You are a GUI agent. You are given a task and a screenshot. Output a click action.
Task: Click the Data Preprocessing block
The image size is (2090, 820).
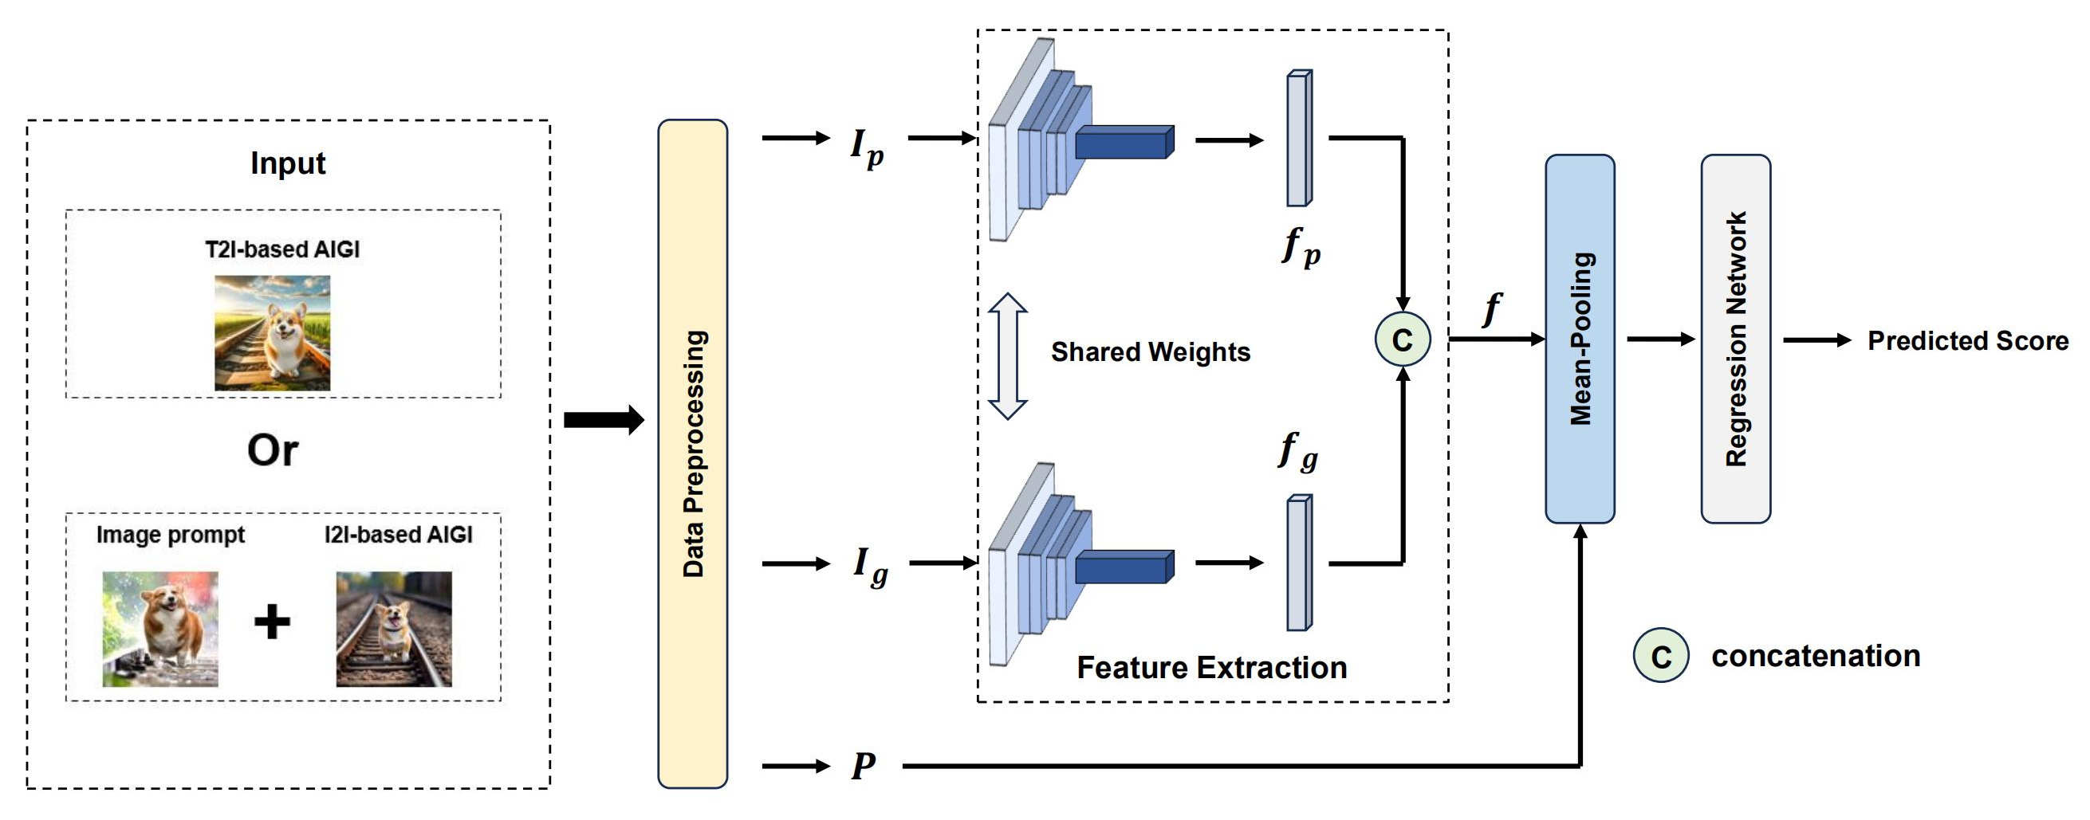(692, 453)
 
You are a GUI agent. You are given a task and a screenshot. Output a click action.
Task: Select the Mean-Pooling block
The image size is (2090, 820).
(1579, 338)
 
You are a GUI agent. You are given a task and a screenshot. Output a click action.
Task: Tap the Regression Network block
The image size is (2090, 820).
(1734, 338)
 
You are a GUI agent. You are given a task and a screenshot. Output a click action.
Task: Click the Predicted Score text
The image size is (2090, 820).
(1966, 340)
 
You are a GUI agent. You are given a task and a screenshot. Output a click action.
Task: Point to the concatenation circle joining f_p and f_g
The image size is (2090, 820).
(1402, 339)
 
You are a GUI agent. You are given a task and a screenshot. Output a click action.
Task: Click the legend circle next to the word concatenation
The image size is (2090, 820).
(1660, 655)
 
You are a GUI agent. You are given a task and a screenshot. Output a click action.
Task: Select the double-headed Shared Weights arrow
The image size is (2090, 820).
(1008, 356)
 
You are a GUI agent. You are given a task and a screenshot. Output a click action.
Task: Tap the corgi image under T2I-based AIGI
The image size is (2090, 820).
(272, 332)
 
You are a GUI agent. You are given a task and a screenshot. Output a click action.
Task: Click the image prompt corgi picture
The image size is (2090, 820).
(159, 629)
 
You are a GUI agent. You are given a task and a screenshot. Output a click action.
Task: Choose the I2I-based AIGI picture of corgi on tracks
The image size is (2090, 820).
(393, 629)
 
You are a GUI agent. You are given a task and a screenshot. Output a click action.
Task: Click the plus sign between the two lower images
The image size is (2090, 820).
(272, 622)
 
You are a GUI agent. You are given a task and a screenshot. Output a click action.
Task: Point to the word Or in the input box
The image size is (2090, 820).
(273, 450)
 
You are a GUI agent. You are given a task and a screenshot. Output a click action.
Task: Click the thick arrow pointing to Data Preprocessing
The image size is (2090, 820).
(603, 419)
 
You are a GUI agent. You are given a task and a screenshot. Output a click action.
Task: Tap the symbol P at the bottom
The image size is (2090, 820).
(864, 765)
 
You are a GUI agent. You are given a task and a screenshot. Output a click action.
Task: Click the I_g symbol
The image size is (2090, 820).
(870, 565)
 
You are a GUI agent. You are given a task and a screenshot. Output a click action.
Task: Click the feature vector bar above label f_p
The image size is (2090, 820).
(1299, 138)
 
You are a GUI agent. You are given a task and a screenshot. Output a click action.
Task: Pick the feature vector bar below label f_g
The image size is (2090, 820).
(1299, 562)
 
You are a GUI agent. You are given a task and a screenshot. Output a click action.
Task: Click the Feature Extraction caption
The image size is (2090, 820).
(1211, 668)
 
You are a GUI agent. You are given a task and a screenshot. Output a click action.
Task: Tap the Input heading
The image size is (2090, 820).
(287, 163)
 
